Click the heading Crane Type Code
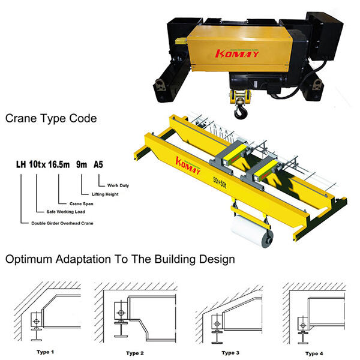point(51,119)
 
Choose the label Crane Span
point(81,203)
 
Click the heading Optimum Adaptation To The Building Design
point(120,259)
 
